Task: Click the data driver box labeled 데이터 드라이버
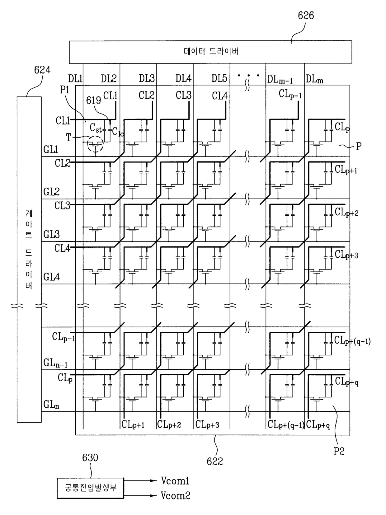pos(210,52)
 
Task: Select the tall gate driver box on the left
pos(29,260)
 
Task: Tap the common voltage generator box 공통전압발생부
pos(90,488)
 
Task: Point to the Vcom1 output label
pos(175,481)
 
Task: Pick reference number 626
pos(306,16)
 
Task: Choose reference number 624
pos(42,70)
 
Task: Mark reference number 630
pos(90,457)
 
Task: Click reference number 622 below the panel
pos(215,461)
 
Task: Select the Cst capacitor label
pos(96,128)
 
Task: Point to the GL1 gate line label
pos(51,149)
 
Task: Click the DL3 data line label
pos(147,78)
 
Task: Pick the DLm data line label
pos(314,79)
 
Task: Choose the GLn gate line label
pos(51,405)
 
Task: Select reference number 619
pos(93,101)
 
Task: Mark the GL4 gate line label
pos(52,277)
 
